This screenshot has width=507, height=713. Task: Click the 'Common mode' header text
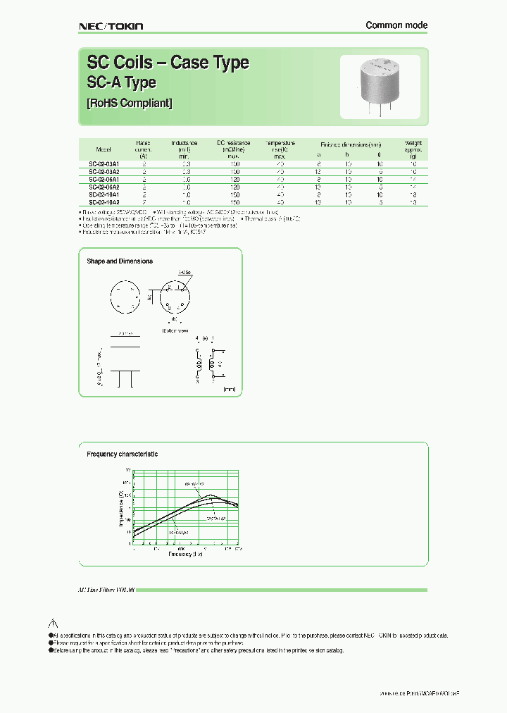coord(396,25)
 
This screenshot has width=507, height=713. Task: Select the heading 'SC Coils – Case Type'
coord(168,63)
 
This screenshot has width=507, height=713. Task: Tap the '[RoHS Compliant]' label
coord(129,103)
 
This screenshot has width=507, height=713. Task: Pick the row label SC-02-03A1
coord(104,163)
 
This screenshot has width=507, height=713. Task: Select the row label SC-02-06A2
coord(104,187)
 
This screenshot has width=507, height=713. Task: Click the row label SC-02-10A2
coord(104,202)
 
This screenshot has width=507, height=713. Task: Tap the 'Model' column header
coord(104,149)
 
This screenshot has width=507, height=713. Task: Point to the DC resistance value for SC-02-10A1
coord(235,194)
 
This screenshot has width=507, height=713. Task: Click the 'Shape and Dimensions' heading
coord(120,261)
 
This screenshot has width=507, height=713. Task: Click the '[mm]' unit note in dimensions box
coord(229,388)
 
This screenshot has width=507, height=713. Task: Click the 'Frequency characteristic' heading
coord(122,454)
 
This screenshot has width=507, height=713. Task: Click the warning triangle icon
coord(52,624)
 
